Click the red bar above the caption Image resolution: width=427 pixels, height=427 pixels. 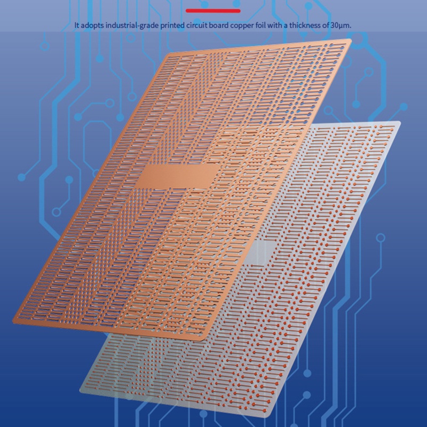(x=213, y=10)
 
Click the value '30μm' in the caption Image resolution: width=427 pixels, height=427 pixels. (x=341, y=25)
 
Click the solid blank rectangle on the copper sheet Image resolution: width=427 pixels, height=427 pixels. (x=180, y=176)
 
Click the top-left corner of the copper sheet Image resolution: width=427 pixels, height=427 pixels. (x=169, y=53)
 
